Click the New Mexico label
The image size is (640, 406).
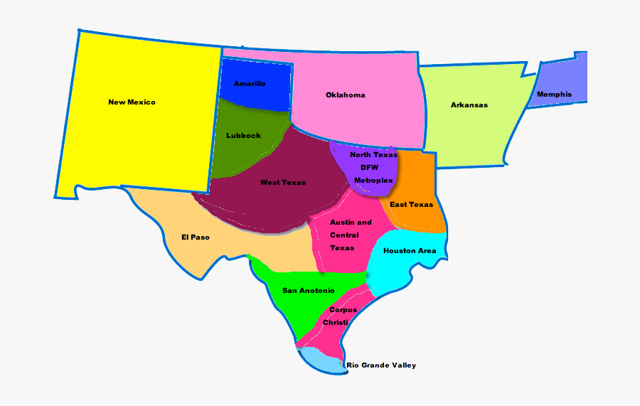pos(132,102)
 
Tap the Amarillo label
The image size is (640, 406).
pos(250,84)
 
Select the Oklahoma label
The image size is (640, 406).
pos(346,95)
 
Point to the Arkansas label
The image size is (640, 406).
pos(469,105)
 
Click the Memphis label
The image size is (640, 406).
pos(554,95)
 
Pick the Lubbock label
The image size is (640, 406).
pos(243,136)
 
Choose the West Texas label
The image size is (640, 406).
pos(283,183)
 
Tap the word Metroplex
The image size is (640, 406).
pos(374,181)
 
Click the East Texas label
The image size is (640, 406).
pos(412,205)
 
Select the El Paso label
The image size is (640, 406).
pos(196,237)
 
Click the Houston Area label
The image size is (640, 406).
pos(410,251)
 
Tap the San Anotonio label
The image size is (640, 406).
pos(309,290)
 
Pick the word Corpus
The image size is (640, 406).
pos(343,310)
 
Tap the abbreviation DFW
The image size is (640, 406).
pos(369,168)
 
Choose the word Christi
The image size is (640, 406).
pos(336,323)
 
